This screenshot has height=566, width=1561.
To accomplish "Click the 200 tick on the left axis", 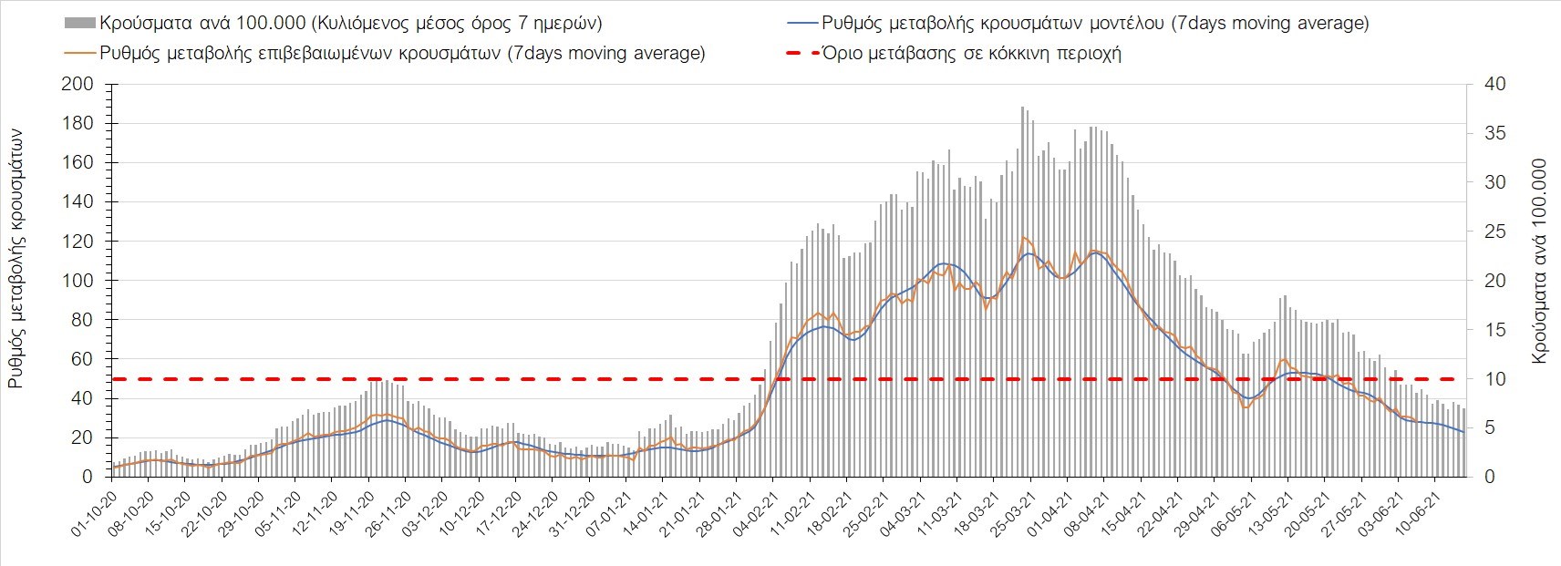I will tap(77, 84).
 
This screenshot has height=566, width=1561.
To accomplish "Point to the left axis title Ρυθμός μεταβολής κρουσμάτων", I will tap(16, 259).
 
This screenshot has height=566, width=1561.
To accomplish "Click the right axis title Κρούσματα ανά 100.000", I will tap(1540, 262).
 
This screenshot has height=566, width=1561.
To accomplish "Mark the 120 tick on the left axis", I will tap(77, 242).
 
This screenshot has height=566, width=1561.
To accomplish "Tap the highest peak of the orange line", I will tap(1023, 237).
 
